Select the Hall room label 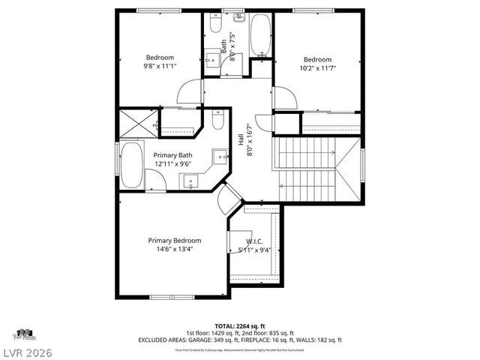point(250,140)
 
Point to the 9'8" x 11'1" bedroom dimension point(160,67)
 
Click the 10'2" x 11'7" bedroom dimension point(318,68)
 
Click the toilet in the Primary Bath point(217,120)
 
